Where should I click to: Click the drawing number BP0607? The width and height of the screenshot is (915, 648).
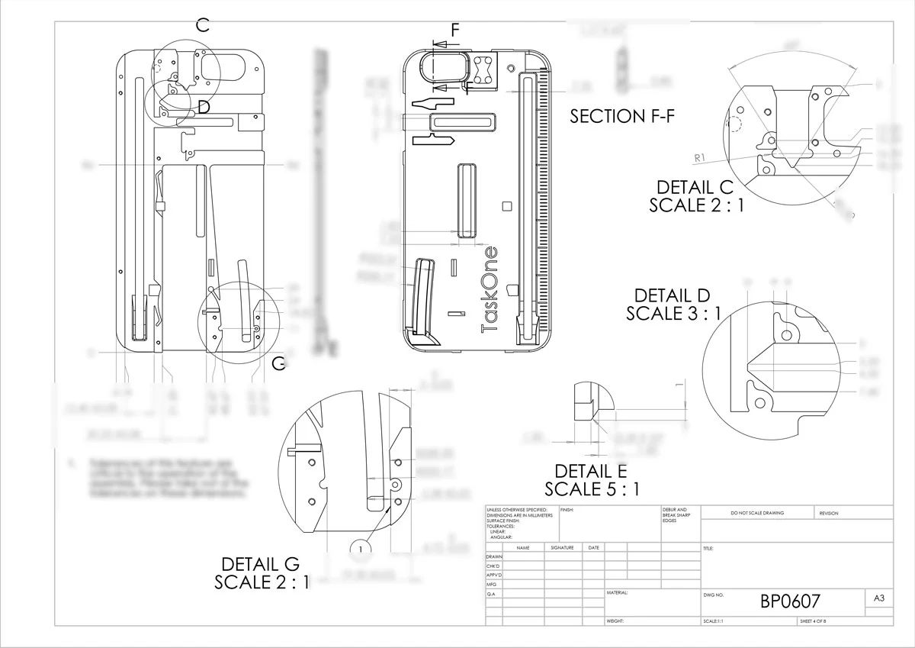click(x=790, y=601)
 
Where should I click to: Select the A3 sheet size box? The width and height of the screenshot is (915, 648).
click(x=878, y=599)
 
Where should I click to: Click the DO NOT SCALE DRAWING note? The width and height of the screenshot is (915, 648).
click(x=756, y=513)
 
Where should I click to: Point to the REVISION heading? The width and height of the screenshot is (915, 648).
click(x=829, y=513)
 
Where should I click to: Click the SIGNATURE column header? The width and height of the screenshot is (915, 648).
click(x=563, y=547)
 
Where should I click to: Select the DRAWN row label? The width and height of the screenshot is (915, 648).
click(x=494, y=557)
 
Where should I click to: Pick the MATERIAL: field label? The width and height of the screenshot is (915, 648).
click(x=618, y=592)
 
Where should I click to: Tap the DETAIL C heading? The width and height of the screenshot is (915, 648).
click(x=695, y=188)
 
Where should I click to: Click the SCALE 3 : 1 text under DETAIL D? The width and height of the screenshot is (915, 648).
click(x=673, y=313)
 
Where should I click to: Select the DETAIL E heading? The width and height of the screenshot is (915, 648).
click(x=592, y=471)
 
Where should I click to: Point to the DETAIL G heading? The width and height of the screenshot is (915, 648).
click(x=260, y=564)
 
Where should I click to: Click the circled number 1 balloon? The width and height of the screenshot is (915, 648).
click(x=361, y=548)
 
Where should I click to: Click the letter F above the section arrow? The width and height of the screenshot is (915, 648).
click(x=455, y=31)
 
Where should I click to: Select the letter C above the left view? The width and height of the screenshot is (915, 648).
click(x=202, y=25)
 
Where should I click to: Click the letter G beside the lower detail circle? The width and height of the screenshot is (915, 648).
click(x=279, y=363)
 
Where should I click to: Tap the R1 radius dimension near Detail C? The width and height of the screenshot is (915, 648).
click(x=702, y=158)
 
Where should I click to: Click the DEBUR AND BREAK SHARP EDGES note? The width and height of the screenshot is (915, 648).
click(x=677, y=515)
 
